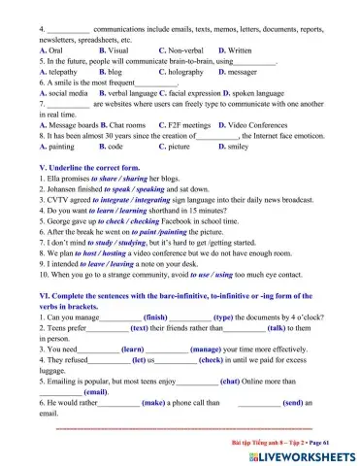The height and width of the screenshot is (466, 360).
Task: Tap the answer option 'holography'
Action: pyautogui.click(x=180, y=72)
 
